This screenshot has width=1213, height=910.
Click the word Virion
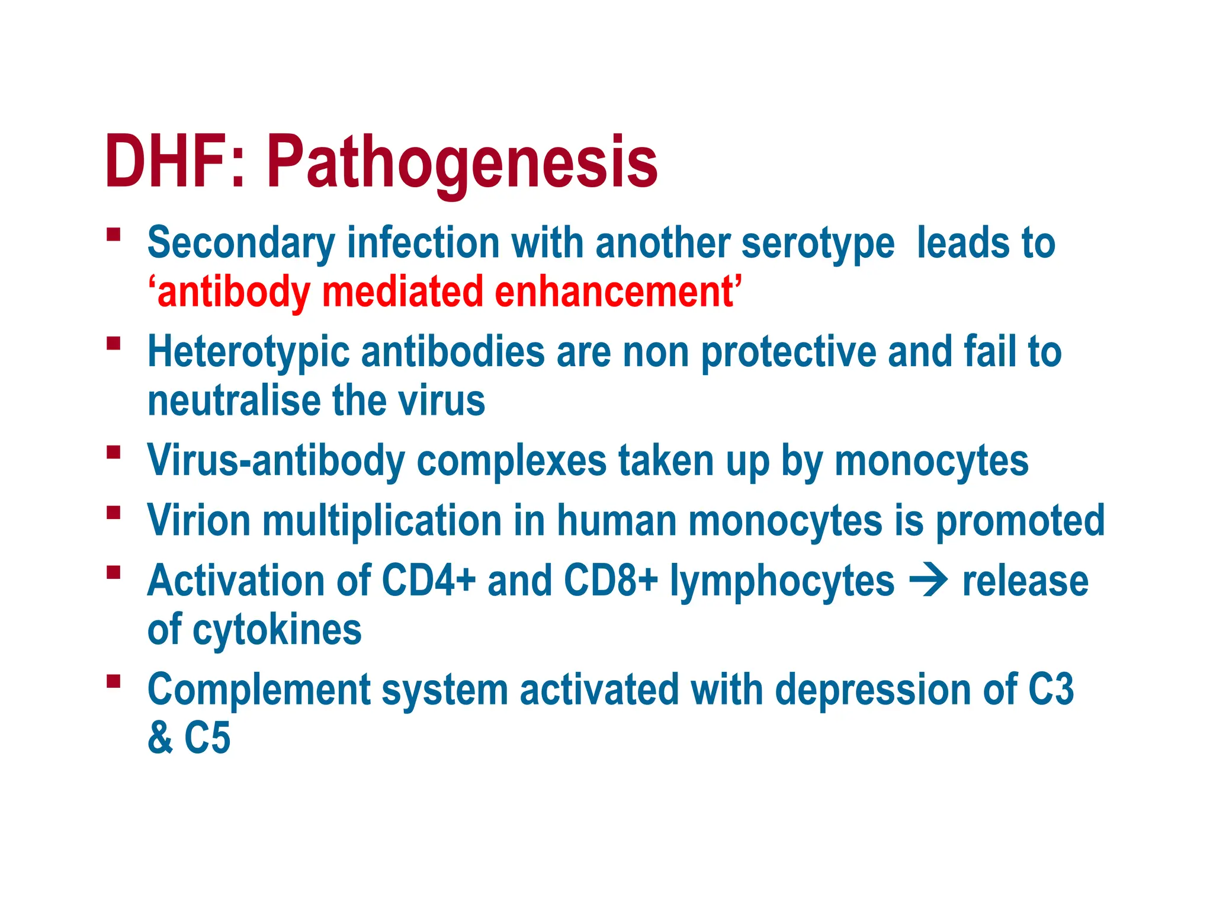(x=199, y=521)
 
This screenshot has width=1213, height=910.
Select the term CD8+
(x=611, y=581)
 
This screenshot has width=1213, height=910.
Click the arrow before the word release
(x=928, y=581)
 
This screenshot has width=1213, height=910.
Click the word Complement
(x=259, y=691)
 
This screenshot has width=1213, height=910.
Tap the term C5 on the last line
(x=207, y=738)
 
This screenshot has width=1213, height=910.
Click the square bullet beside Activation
(x=114, y=572)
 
